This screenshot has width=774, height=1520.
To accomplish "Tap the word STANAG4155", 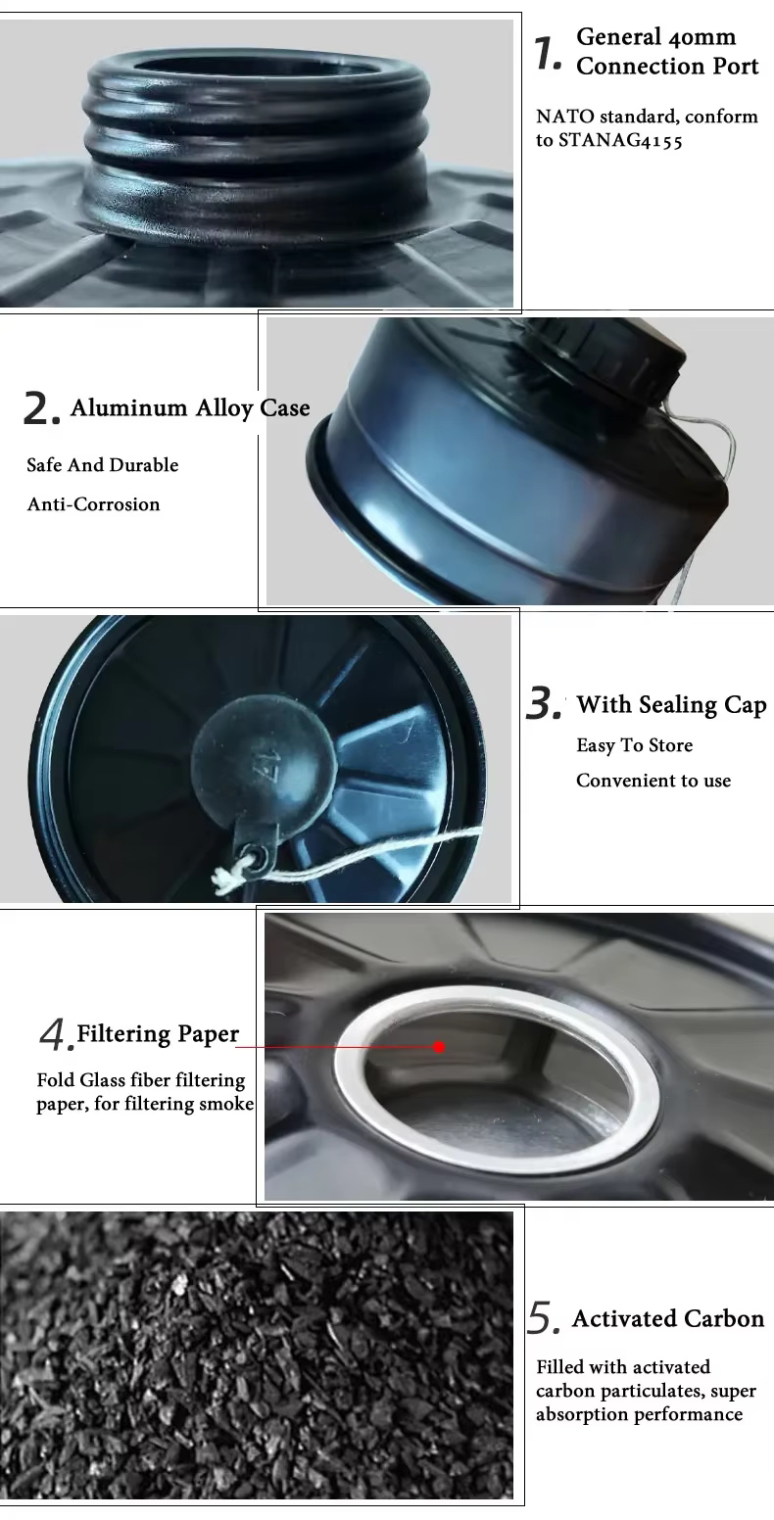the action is pos(620,140).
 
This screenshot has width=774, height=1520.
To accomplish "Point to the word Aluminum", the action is pos(128,407).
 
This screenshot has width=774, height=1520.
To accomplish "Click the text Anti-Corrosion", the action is pos(94,504).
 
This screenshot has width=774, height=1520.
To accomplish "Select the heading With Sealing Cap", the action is pos(671,705).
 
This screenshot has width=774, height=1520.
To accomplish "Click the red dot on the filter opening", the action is pos(439,1047).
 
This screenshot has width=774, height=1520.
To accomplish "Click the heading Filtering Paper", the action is pos(158,1034).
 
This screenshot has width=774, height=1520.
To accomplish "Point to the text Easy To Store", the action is pos(634,745).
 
